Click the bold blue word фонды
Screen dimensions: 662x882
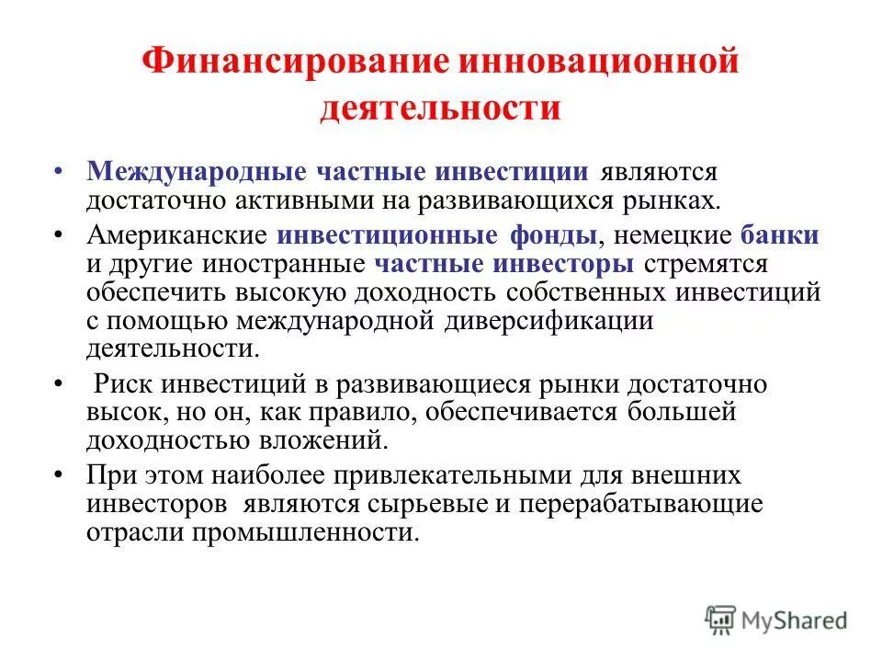point(555,235)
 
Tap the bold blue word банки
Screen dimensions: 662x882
point(779,235)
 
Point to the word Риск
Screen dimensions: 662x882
point(127,384)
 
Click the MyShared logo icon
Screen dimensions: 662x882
point(721,619)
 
